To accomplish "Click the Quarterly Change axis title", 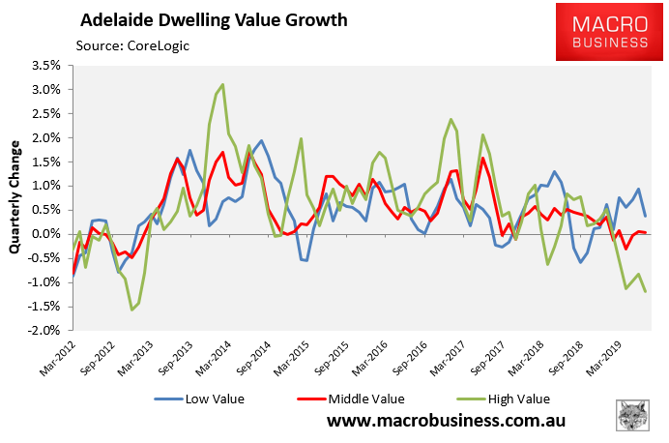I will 15,199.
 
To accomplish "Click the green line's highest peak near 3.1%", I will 223,84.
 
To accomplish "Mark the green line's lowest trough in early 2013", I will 131,310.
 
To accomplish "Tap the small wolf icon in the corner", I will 632,415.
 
